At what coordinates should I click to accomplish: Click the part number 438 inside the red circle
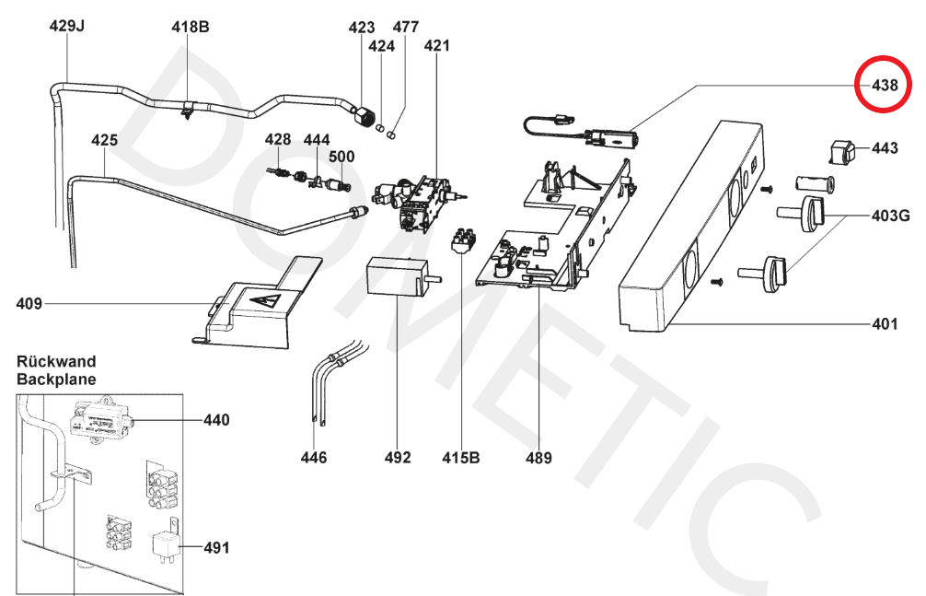point(885,85)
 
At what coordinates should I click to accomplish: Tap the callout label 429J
point(66,27)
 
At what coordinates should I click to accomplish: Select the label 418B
point(191,27)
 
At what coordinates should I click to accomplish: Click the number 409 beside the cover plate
point(31,303)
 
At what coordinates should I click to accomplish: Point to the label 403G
point(891,216)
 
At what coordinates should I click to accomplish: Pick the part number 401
point(885,324)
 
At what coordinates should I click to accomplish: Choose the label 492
point(399,457)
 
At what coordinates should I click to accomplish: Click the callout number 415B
point(461,457)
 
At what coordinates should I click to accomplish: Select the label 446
point(314,457)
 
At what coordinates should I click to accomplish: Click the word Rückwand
point(56,362)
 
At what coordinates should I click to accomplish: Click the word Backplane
point(56,379)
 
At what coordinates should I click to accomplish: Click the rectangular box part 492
point(397,275)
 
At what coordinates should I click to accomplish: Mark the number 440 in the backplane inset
point(217,420)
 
